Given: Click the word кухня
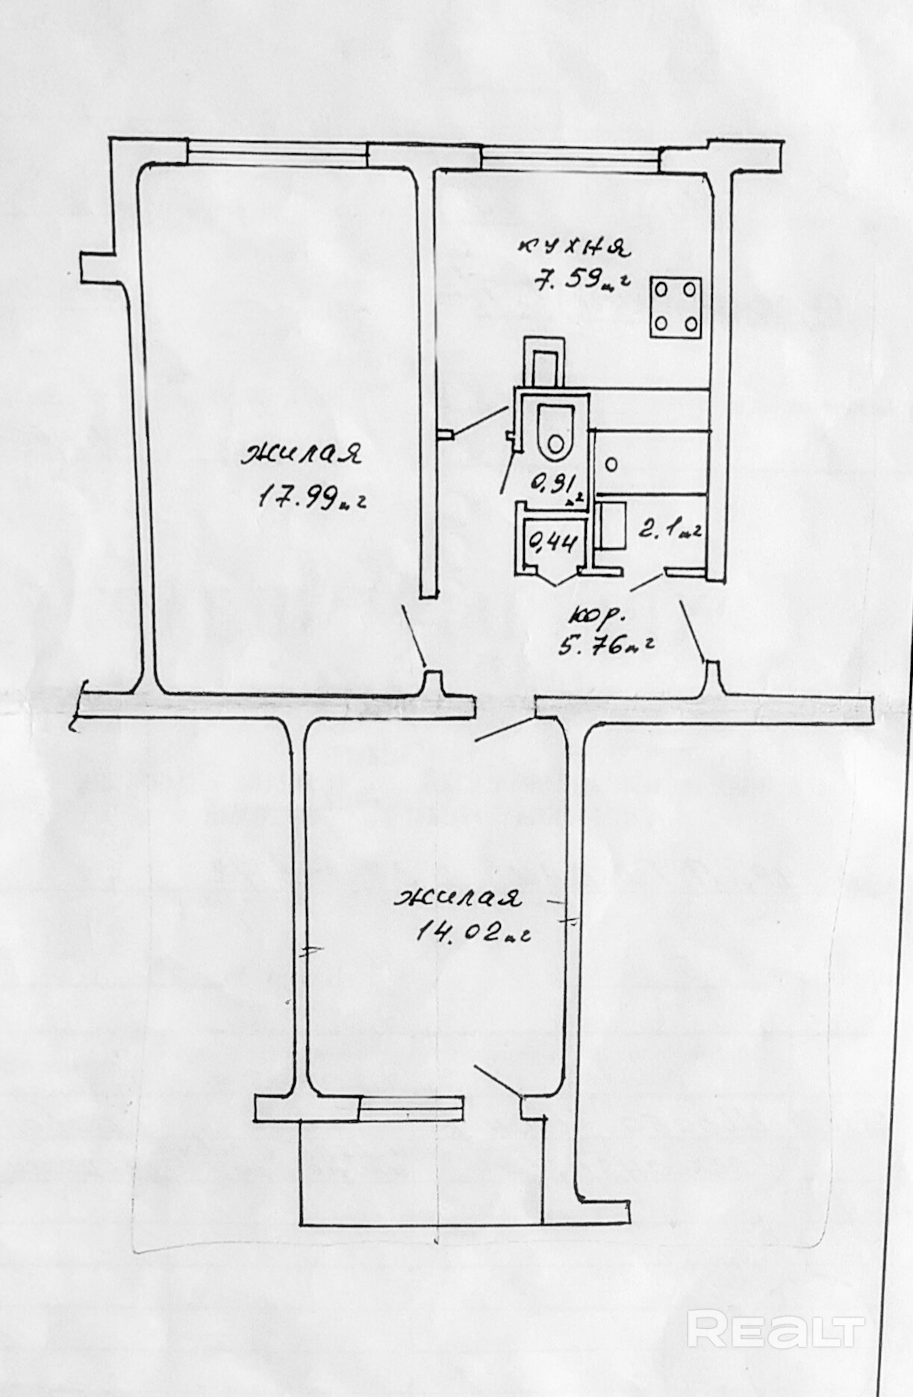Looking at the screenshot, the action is coord(576,246).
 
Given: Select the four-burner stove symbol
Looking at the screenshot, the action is coord(676,306).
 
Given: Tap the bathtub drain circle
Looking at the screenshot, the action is coord(611,464).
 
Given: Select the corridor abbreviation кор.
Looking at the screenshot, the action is coord(598,617).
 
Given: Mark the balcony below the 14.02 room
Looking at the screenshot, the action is coord(420,1169).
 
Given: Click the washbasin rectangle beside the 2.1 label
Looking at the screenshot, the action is coord(611,526).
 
